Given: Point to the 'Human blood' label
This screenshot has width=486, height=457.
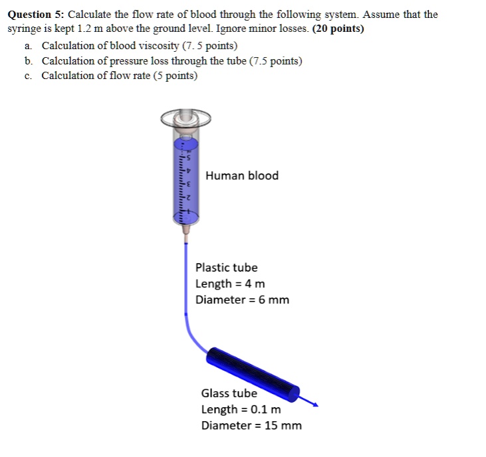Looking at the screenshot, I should coord(242,176).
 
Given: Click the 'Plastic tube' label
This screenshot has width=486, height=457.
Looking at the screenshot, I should coord(226,268).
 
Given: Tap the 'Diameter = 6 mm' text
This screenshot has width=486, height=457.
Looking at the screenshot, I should coord(242,300).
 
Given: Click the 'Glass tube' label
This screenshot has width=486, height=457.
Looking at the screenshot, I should coord(229,393).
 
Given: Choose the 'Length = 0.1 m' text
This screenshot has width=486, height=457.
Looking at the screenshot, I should coord(241,409).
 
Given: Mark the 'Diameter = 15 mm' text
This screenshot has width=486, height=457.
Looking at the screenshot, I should coord(251,425).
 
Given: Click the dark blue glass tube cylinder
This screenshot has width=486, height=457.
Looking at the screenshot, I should coord(253,371).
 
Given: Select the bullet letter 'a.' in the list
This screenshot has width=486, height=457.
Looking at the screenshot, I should coord(27,45).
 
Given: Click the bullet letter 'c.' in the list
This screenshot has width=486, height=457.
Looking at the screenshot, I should coord(27,75).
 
